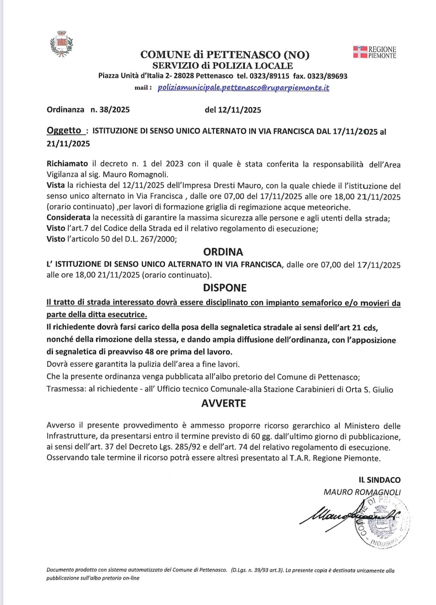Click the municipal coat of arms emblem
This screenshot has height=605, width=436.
point(61,44)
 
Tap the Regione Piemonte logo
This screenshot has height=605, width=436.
point(375,52)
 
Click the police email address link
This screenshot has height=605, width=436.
point(243,88)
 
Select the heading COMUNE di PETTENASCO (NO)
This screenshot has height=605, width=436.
point(225,55)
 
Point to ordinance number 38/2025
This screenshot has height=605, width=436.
point(110,110)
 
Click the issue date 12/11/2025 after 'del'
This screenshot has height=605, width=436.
point(239,110)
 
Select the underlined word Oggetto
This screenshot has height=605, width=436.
point(64,131)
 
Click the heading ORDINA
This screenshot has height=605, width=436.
point(223,252)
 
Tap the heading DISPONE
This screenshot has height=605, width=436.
point(225,288)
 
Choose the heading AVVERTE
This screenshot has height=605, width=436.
point(224,403)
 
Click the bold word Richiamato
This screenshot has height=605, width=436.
point(67,164)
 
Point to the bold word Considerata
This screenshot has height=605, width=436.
point(68,218)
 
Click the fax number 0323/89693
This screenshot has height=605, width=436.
point(327,76)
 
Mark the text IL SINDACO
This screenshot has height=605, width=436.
point(380,480)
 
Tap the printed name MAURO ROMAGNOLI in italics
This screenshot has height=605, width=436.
point(362,492)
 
